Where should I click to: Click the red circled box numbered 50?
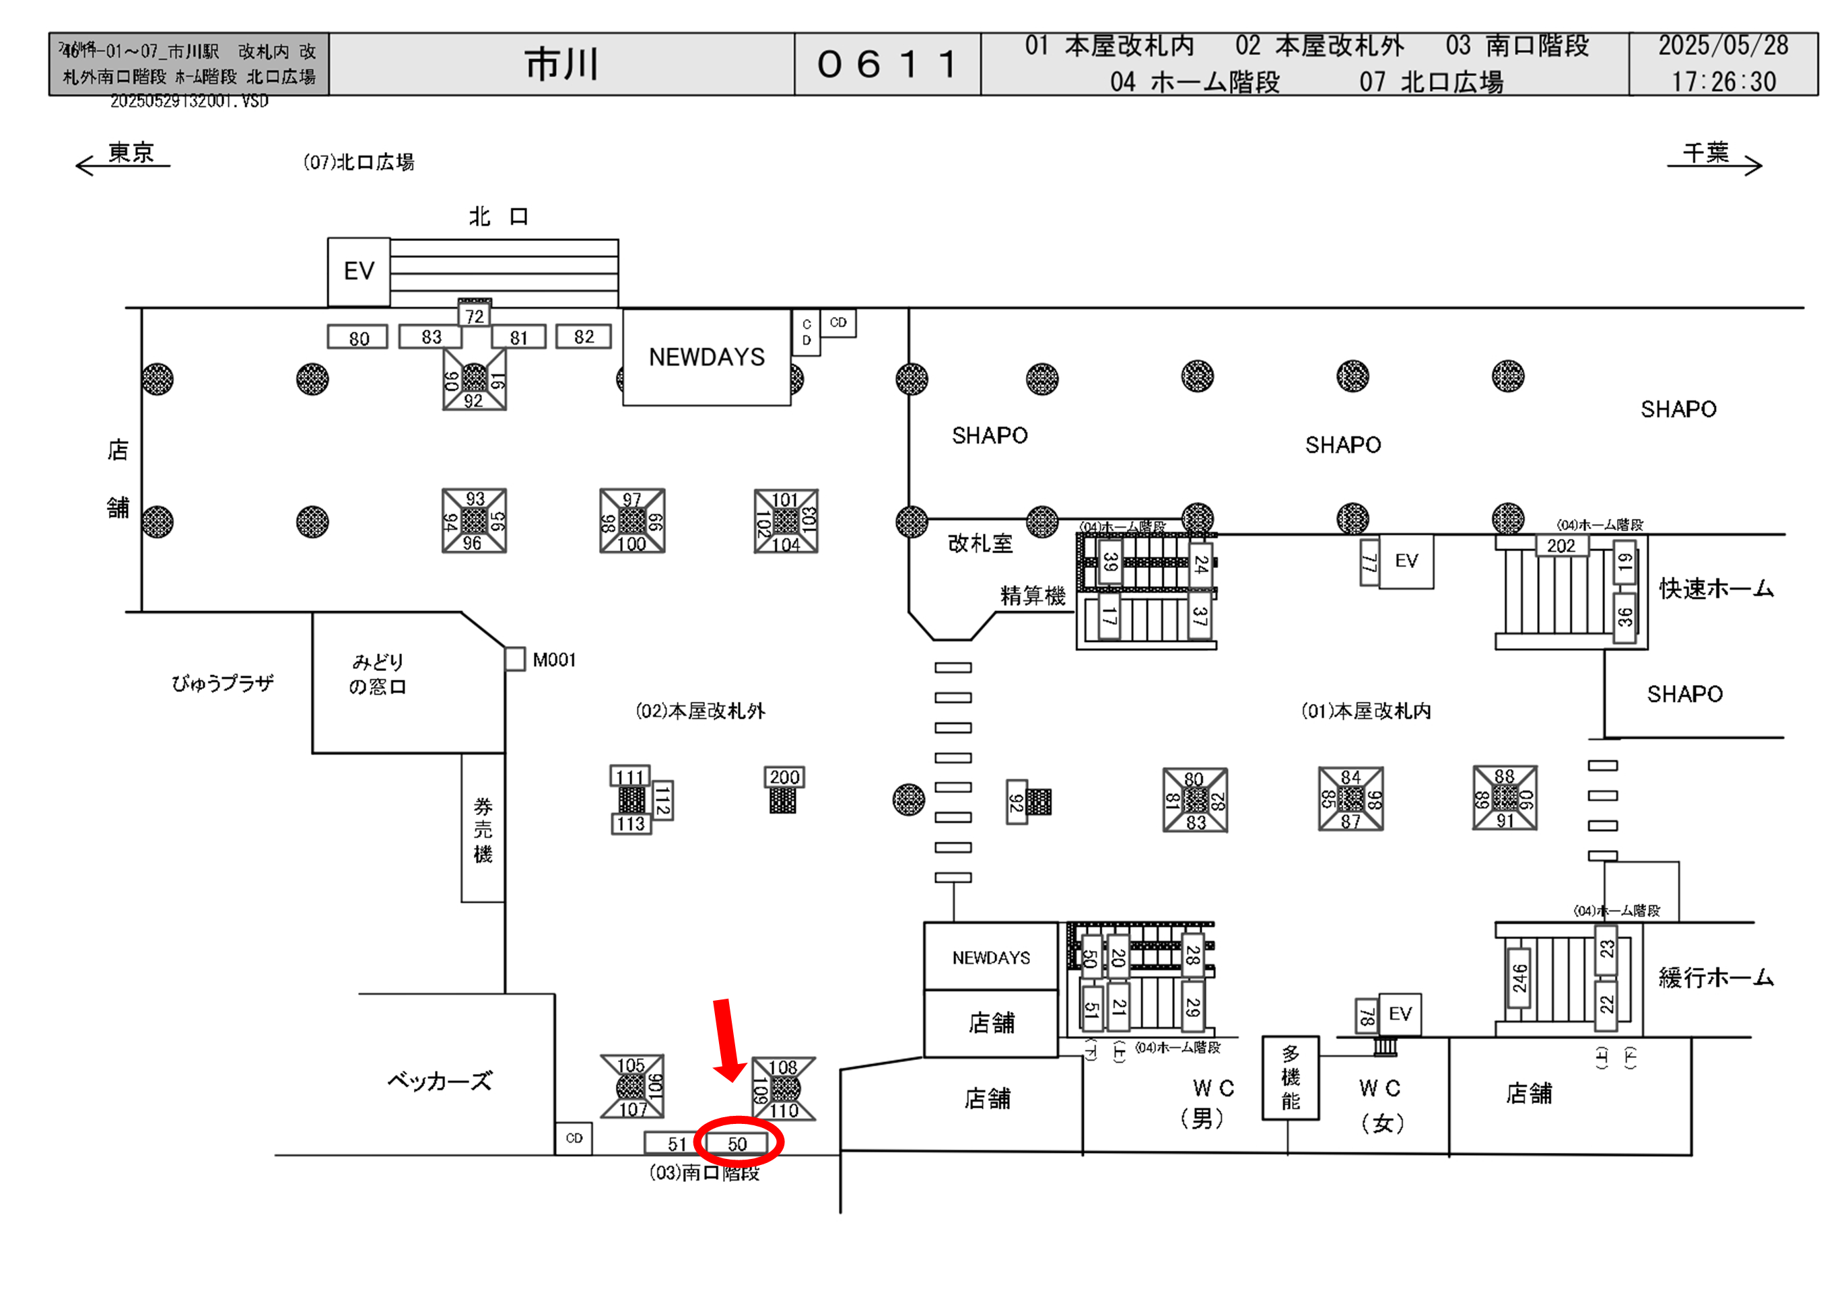737,1143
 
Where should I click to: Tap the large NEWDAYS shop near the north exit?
707,357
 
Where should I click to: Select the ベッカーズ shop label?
439,1081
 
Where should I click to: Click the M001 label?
554,660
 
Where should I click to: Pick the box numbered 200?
784,777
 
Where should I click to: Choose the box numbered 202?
1561,546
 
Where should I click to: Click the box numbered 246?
1519,978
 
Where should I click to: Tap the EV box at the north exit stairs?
359,271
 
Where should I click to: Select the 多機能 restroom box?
1290,1077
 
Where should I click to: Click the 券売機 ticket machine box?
483,829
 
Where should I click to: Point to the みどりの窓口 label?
378,674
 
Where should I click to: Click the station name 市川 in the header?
561,65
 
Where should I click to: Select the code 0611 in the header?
887,65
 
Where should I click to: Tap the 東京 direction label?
131,152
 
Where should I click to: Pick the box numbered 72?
475,316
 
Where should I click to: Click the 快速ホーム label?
1716,588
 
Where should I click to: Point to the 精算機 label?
1033,596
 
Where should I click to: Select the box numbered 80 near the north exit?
358,338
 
